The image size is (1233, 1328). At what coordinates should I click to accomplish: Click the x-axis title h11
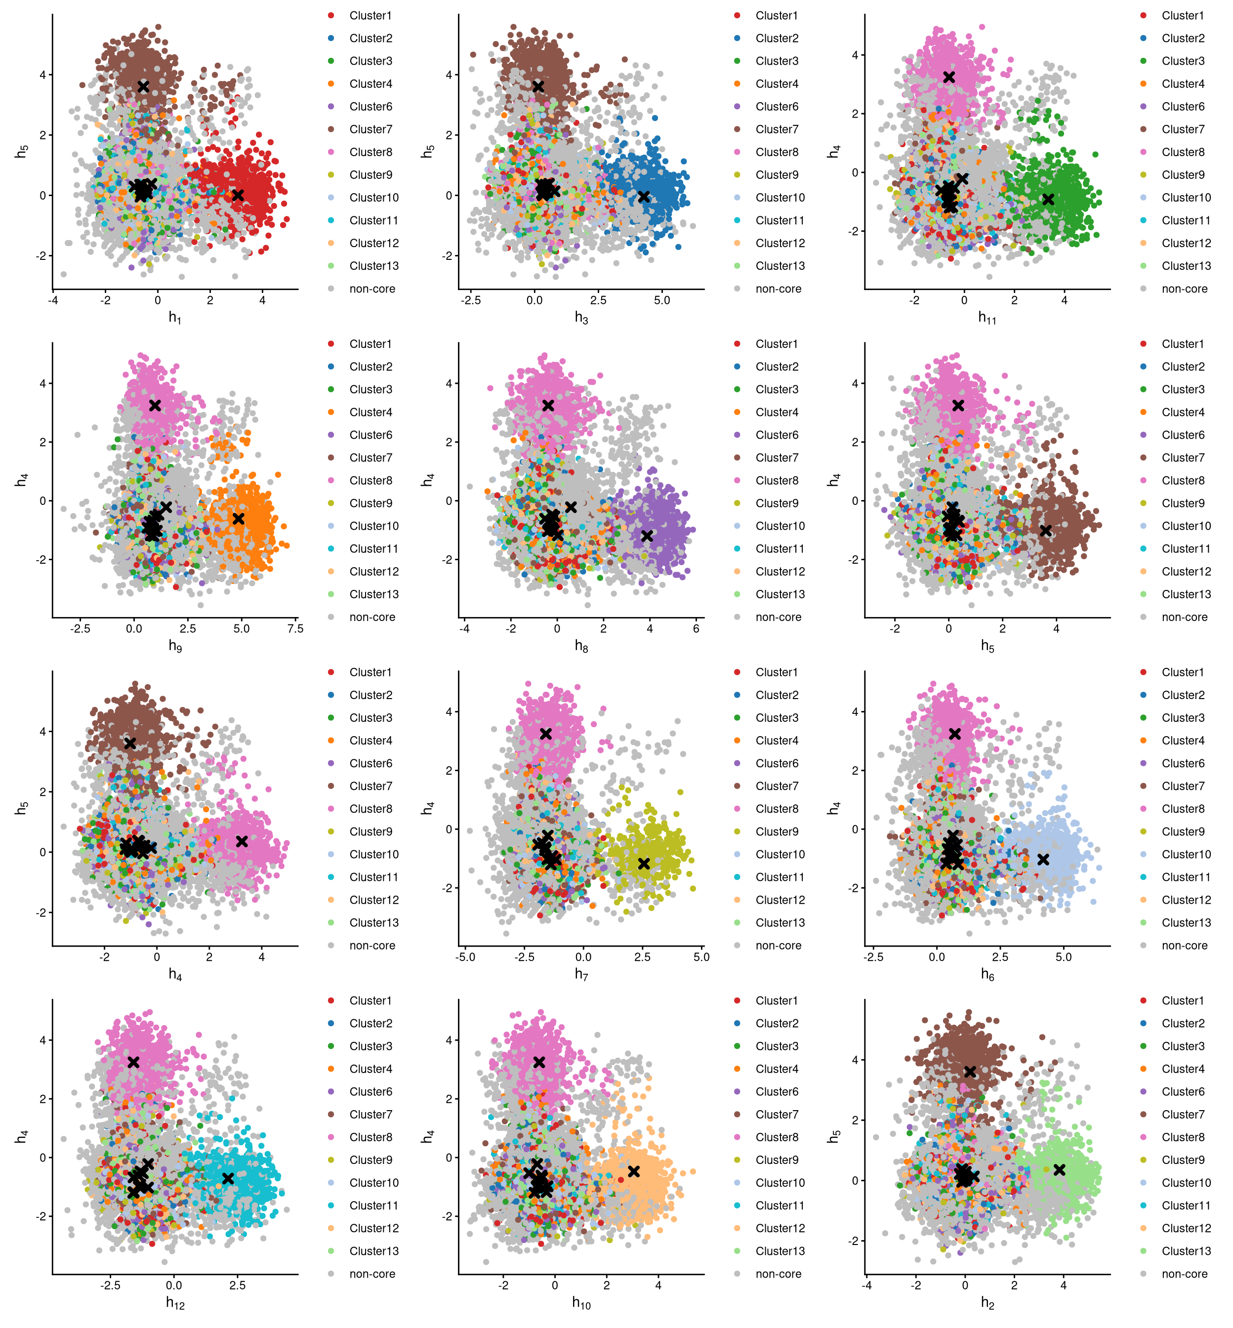click(987, 318)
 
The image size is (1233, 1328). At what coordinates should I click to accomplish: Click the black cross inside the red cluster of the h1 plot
click(238, 195)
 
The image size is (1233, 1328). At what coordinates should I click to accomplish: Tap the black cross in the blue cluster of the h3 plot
click(643, 196)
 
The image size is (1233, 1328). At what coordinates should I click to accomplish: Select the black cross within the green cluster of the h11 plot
click(1048, 199)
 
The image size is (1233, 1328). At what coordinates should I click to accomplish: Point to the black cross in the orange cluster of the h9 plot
click(238, 519)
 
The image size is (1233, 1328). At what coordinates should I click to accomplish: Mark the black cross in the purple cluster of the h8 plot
click(647, 535)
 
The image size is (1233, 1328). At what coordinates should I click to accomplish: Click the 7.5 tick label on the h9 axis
click(295, 628)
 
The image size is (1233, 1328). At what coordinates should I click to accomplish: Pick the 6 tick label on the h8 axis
click(696, 628)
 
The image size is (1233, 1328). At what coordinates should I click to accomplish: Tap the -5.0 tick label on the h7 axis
click(465, 956)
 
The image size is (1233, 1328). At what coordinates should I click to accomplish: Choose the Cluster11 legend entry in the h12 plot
click(373, 1205)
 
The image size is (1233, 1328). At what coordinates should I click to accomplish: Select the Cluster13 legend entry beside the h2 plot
click(1186, 1250)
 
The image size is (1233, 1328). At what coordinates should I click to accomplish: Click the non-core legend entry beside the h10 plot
click(778, 1273)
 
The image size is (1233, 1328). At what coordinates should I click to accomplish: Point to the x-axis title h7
click(581, 974)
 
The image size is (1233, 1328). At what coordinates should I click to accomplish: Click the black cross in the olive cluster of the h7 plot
click(643, 864)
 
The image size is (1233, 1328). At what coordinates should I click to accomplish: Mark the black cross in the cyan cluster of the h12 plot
click(228, 1178)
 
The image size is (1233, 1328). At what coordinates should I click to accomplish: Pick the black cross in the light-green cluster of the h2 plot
click(1059, 1169)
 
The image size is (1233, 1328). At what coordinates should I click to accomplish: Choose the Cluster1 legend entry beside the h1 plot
click(370, 15)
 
